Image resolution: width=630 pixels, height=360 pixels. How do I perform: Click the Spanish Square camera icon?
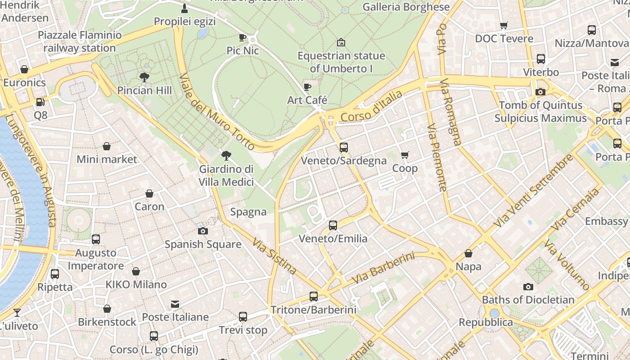pyautogui.click(x=203, y=231)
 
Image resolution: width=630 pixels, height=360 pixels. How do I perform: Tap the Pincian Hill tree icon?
pyautogui.click(x=144, y=77)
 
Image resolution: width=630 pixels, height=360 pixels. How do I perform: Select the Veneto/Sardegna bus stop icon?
pyautogui.click(x=344, y=147)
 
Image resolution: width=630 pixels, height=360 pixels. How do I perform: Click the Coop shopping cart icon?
pyautogui.click(x=405, y=155)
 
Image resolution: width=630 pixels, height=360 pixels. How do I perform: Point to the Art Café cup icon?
pyautogui.click(x=307, y=87)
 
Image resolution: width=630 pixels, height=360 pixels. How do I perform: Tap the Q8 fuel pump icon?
pyautogui.click(x=40, y=103)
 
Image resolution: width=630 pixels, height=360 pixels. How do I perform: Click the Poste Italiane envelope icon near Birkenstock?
pyautogui.click(x=175, y=304)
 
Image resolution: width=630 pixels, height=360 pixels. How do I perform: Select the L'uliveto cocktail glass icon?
pyautogui.click(x=17, y=312)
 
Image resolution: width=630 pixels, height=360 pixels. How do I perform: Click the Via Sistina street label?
pyautogui.click(x=274, y=256)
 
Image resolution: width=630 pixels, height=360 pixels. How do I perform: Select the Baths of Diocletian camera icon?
pyautogui.click(x=528, y=287)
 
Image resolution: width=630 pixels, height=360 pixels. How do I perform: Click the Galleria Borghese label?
pyautogui.click(x=406, y=7)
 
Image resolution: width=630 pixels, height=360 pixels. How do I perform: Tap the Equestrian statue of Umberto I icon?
pyautogui.click(x=341, y=43)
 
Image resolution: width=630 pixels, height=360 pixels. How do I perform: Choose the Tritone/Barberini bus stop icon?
pyautogui.click(x=314, y=297)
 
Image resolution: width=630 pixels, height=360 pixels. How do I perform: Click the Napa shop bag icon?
pyautogui.click(x=468, y=253)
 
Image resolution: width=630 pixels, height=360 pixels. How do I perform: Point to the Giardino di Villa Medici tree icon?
pyautogui.click(x=226, y=156)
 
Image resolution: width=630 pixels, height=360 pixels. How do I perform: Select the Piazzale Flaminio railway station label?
pyautogui.click(x=80, y=41)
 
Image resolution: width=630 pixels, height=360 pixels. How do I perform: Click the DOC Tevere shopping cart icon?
pyautogui.click(x=504, y=26)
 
